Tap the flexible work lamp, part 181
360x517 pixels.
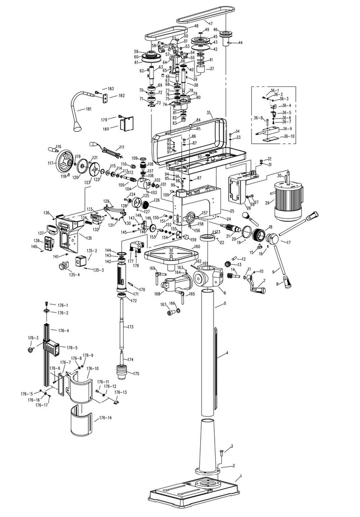[83, 109]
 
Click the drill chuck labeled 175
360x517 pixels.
[122, 372]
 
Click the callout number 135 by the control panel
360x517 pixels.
[89, 238]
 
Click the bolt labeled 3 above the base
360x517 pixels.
[221, 453]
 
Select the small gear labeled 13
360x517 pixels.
[227, 265]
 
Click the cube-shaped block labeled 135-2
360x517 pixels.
[81, 261]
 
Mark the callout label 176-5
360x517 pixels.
[72, 347]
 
